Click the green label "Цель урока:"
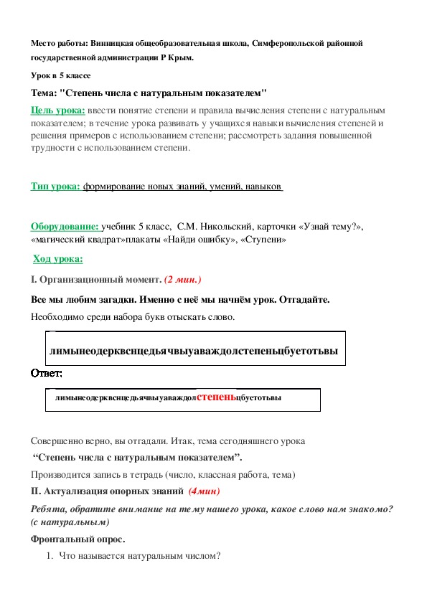pos(58,110)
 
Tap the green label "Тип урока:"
pos(55,187)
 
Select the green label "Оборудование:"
pos(65,227)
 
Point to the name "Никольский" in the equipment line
pos(207,227)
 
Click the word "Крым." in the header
pos(179,57)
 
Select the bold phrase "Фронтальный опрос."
pos(68,538)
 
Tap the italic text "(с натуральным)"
pos(70,522)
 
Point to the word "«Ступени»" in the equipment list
pos(265,240)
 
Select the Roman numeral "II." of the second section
pos(37,491)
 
